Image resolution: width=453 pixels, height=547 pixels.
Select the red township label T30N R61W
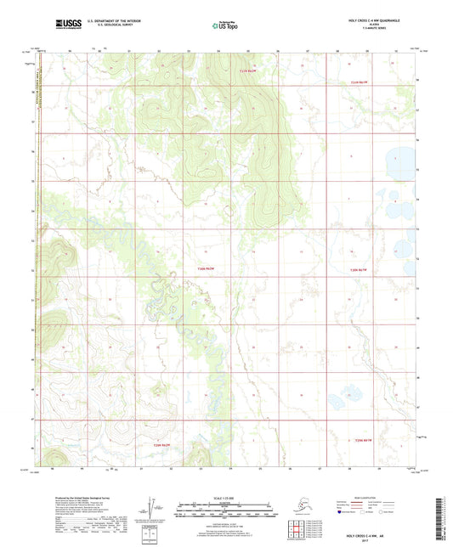[x=360, y=269]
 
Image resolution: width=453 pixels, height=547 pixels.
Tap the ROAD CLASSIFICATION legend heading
[x=374, y=497]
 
